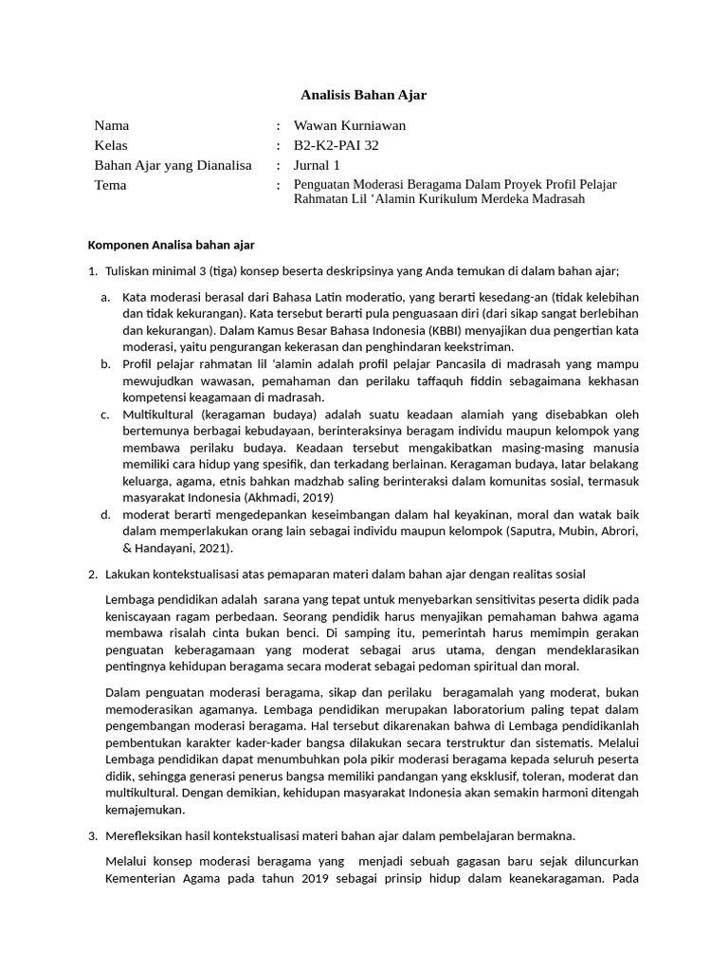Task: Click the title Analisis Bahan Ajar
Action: point(364,95)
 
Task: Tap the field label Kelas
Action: point(110,145)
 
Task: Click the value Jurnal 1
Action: point(317,165)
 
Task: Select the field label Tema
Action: point(110,185)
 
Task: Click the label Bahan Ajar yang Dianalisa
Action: point(173,165)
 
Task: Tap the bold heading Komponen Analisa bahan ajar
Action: point(171,245)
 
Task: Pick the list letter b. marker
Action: point(105,363)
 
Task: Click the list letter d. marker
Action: point(105,513)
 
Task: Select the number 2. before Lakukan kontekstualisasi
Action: point(92,574)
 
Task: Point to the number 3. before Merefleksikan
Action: point(92,835)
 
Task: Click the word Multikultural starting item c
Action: point(160,414)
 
